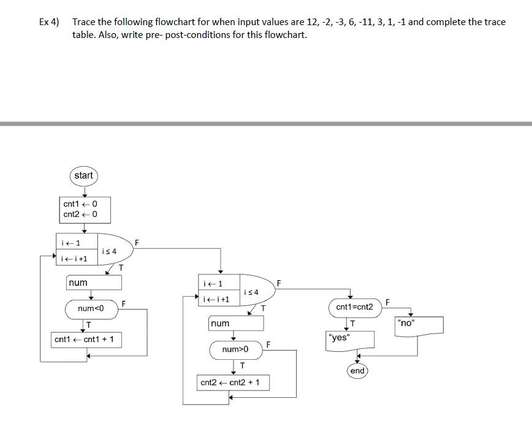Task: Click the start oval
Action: (83, 176)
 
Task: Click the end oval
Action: (357, 371)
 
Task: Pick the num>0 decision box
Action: (236, 349)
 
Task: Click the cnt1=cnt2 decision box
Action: (354, 306)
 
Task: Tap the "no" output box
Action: (419, 325)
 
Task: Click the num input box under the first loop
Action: (94, 283)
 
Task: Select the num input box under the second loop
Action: (236, 323)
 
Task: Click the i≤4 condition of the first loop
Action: (108, 251)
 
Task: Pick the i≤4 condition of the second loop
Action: (251, 292)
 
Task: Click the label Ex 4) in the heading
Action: (49, 22)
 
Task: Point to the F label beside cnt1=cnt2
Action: (387, 301)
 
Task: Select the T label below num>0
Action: (242, 366)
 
